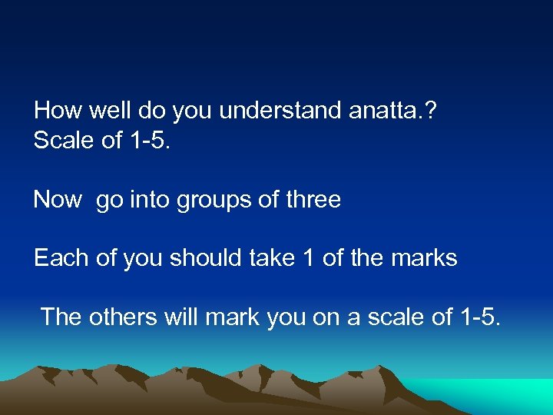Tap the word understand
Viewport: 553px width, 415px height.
pos(280,111)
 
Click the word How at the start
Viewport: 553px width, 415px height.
pos(58,111)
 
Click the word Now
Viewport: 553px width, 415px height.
pos(58,200)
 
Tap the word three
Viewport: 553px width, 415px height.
pos(313,200)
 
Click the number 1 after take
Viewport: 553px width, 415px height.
pos(309,258)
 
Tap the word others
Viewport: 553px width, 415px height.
pos(121,316)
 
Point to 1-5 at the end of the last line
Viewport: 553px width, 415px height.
pos(479,316)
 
